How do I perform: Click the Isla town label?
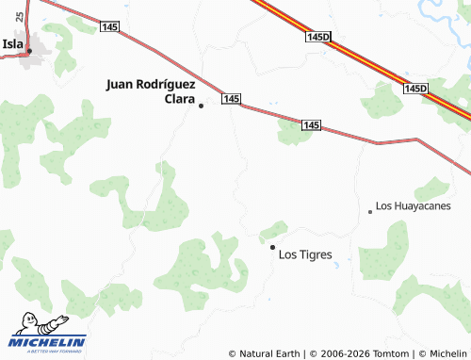click(12, 43)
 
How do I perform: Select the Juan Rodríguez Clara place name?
click(151, 90)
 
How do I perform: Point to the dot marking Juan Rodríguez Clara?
click(201, 106)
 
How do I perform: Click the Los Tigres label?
click(306, 254)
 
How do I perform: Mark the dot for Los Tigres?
click(272, 247)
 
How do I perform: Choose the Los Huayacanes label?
click(414, 205)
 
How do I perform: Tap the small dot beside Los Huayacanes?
click(370, 212)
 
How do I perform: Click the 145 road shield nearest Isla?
click(108, 28)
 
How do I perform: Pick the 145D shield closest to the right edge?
click(415, 89)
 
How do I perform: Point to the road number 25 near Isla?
click(20, 18)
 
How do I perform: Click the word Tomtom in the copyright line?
click(392, 353)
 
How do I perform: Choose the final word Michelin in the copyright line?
click(448, 353)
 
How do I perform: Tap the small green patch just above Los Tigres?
click(273, 230)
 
